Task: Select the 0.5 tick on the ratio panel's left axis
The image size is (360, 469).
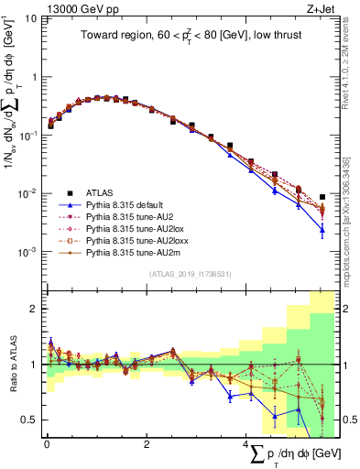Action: (x=27, y=420)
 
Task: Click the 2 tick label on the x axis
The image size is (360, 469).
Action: (x=147, y=444)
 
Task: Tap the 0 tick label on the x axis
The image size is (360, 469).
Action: (x=46, y=444)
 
